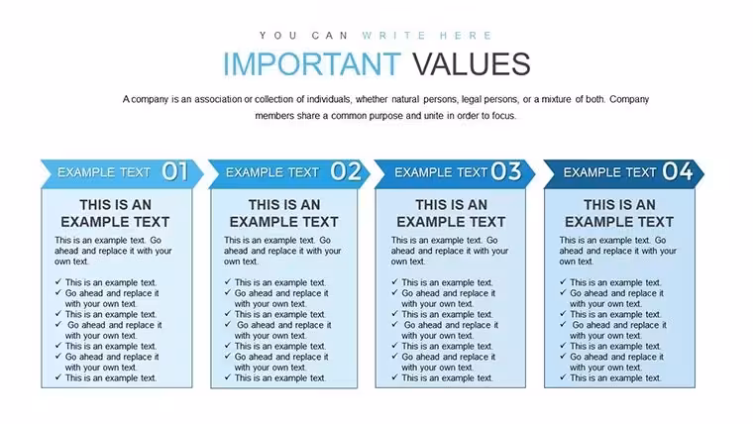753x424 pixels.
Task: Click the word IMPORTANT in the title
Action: [x=312, y=64]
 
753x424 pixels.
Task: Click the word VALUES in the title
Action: [x=472, y=64]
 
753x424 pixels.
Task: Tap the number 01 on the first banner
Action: [x=174, y=171]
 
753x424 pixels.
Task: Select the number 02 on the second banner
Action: [x=346, y=171]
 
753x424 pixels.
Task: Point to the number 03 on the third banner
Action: [x=506, y=171]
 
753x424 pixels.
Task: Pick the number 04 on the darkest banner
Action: [x=678, y=171]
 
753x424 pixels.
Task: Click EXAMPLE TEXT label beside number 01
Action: [x=104, y=172]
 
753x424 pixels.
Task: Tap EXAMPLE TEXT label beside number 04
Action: [x=610, y=172]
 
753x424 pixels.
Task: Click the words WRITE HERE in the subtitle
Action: [x=427, y=36]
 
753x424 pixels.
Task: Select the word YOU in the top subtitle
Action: [x=278, y=36]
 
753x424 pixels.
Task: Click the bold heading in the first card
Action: [x=115, y=213]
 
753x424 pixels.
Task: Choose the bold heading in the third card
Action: [x=451, y=213]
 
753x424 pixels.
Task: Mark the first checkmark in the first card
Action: [x=58, y=282]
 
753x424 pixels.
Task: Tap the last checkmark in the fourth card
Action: [x=563, y=376]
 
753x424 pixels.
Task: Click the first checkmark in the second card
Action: [x=228, y=282]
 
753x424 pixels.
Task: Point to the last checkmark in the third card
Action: [x=394, y=376]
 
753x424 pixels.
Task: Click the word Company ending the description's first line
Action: [x=629, y=99]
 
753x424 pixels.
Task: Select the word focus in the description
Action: [x=503, y=116]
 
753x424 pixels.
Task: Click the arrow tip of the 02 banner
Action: [x=371, y=173]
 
